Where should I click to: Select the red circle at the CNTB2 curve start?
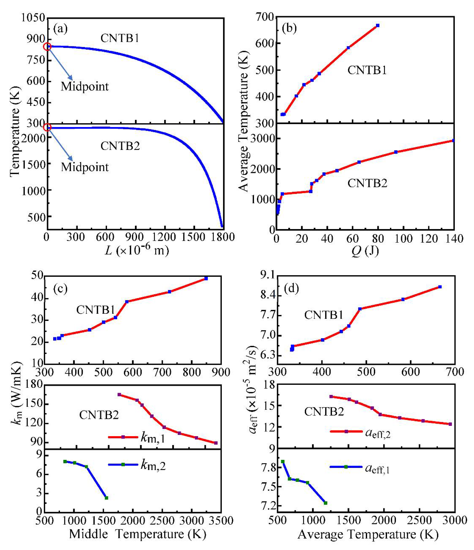pyautogui.click(x=47, y=127)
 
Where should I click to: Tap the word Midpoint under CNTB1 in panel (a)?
pyautogui.click(x=85, y=86)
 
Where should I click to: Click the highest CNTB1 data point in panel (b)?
pyautogui.click(x=378, y=25)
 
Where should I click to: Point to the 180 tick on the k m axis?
pyautogui.click(x=33, y=385)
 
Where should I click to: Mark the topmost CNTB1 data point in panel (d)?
pyautogui.click(x=440, y=287)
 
